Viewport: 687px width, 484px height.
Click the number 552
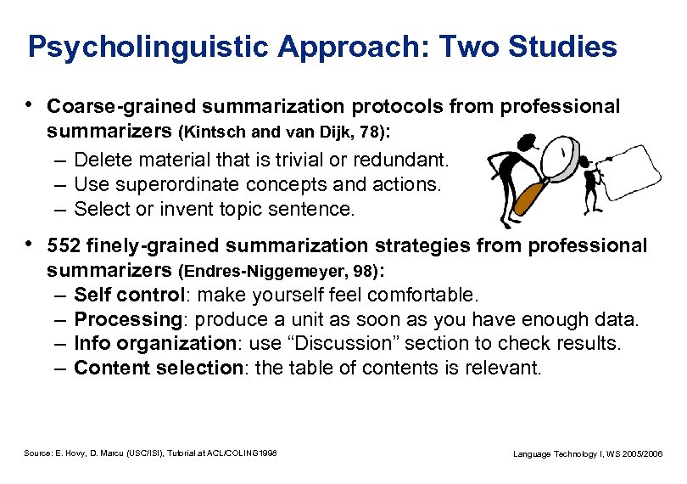point(64,246)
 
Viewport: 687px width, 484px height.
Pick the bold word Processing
point(123,319)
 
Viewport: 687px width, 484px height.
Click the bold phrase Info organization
point(154,343)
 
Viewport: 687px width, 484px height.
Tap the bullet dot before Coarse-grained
point(31,105)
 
